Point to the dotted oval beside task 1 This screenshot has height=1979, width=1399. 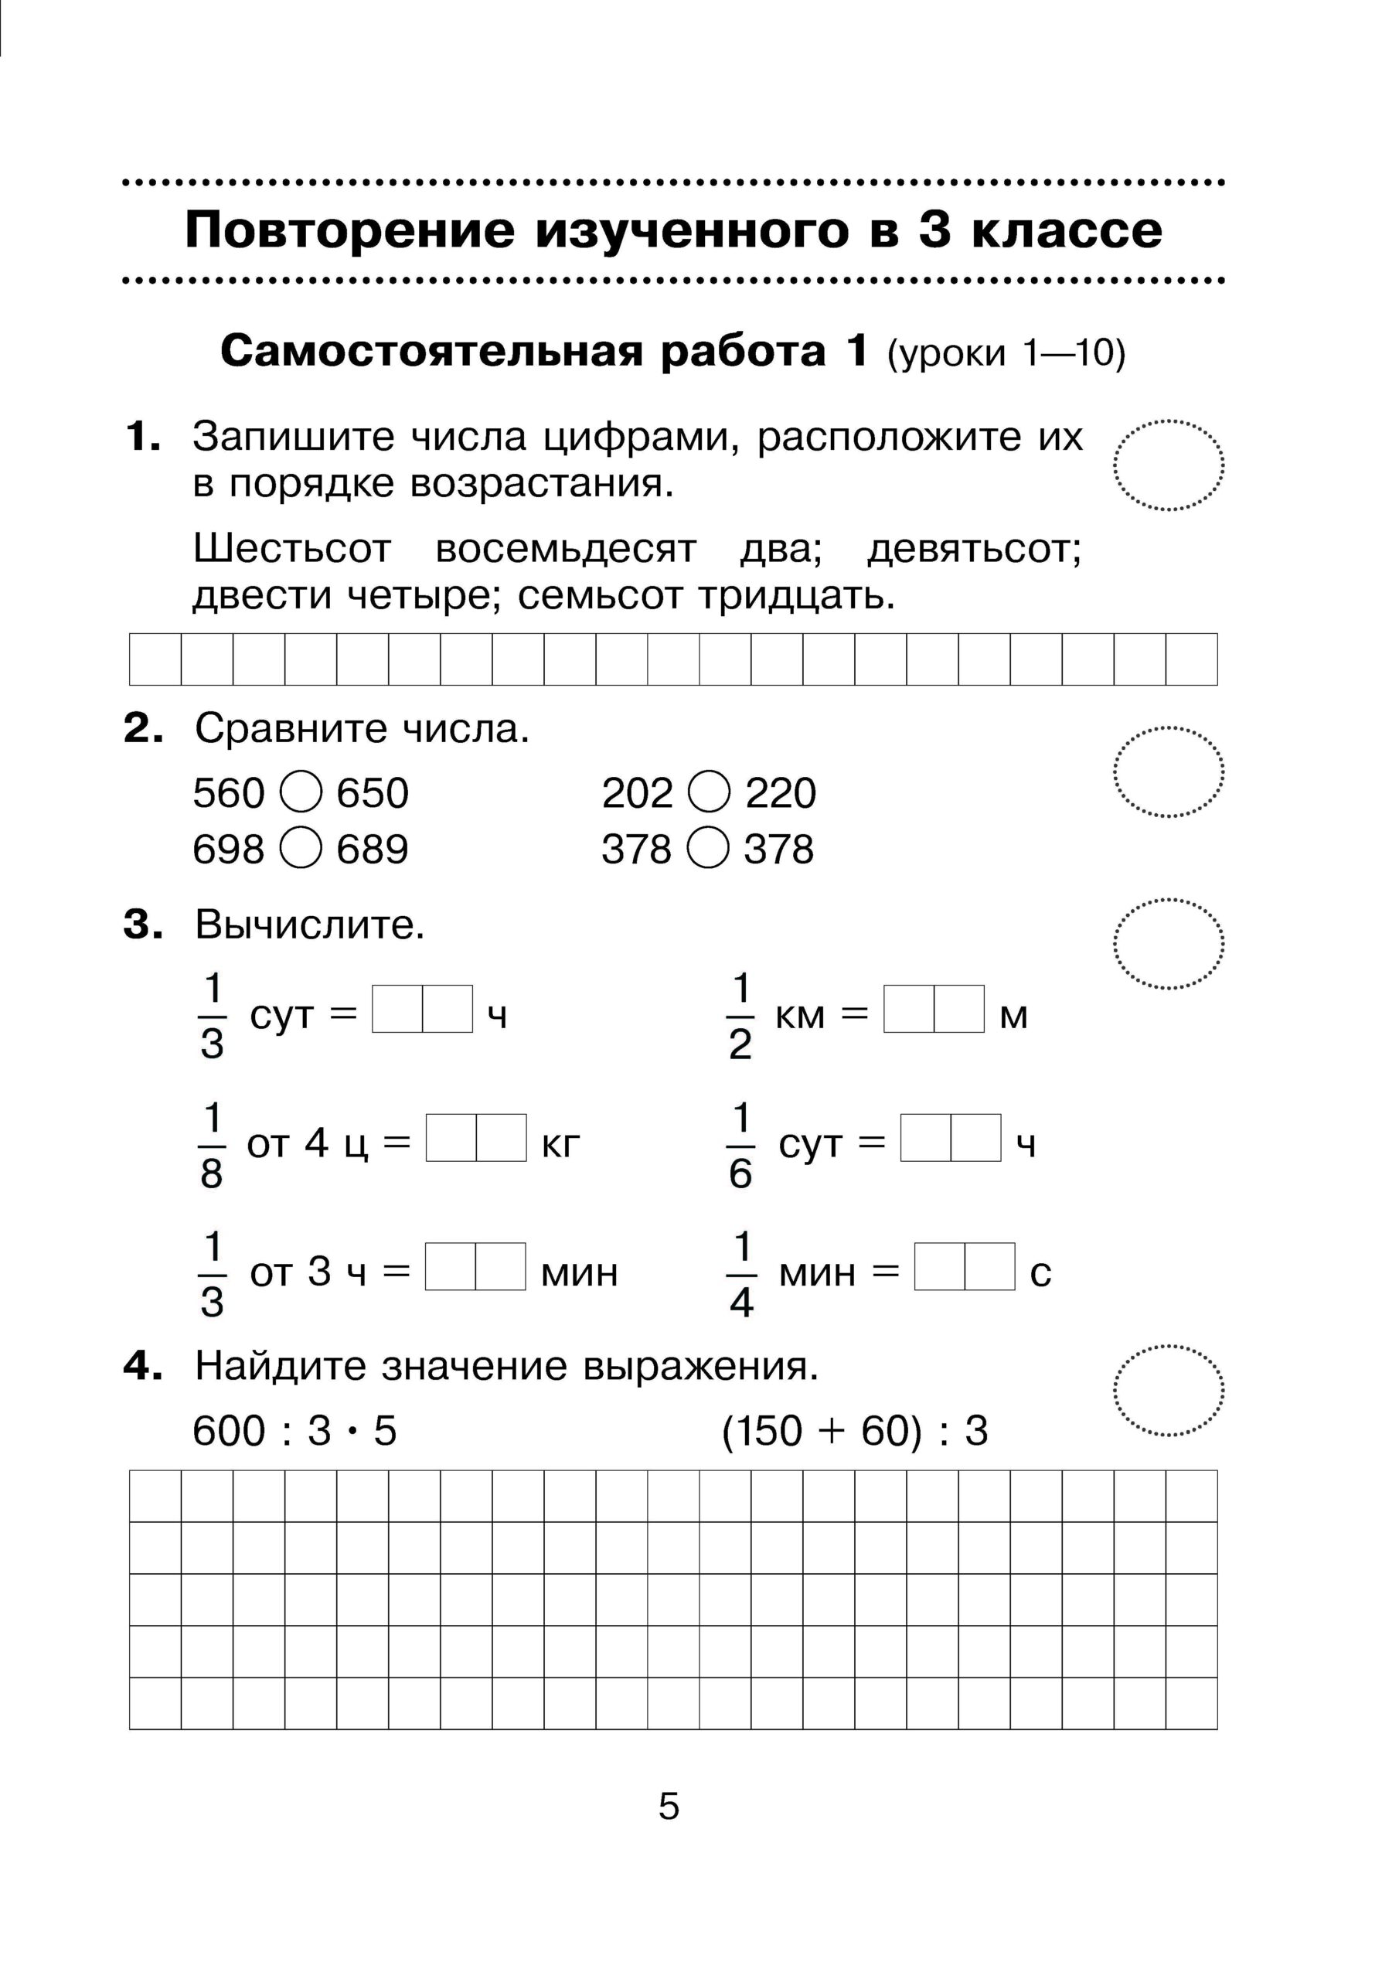(x=1169, y=465)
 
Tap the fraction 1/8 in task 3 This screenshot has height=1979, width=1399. (x=211, y=1146)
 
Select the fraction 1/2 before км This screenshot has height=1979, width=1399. (x=740, y=1017)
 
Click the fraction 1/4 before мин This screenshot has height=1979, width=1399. (x=741, y=1275)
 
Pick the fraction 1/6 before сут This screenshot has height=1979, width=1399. (x=740, y=1146)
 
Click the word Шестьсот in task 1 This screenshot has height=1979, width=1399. (x=292, y=549)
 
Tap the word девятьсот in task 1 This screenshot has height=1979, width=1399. (x=974, y=549)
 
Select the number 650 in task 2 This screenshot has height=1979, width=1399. (x=373, y=793)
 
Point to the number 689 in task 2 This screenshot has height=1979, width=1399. (x=373, y=849)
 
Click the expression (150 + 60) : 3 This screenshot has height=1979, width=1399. (x=855, y=1431)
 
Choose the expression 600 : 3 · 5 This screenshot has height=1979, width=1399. (x=294, y=1431)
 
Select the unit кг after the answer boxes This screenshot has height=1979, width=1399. (x=561, y=1145)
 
